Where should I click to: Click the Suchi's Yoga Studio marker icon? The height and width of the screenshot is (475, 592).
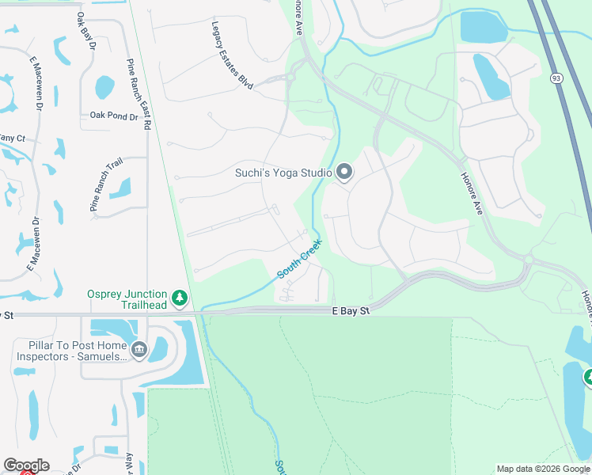343,172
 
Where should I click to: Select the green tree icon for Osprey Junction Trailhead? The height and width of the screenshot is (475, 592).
181,298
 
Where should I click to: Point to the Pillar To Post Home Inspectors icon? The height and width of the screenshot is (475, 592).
139,349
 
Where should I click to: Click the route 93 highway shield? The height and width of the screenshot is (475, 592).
556,77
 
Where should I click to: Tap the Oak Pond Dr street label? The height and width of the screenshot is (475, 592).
114,116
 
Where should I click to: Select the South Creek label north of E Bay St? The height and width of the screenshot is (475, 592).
299,259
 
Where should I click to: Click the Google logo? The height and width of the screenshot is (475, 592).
26,465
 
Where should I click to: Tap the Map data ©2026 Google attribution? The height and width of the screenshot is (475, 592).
543,469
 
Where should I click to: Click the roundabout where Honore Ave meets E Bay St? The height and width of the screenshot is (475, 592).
528,259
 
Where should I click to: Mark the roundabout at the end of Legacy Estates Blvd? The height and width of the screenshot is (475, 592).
290,77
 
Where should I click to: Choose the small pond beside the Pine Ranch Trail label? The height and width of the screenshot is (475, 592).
120,188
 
